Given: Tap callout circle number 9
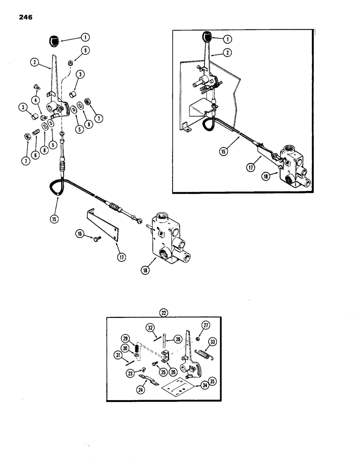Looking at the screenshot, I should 85,51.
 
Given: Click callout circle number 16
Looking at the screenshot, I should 80,236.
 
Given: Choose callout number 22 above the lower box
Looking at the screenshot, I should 164,312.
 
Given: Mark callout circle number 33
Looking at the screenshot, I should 213,342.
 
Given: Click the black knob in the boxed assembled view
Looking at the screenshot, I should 207,36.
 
